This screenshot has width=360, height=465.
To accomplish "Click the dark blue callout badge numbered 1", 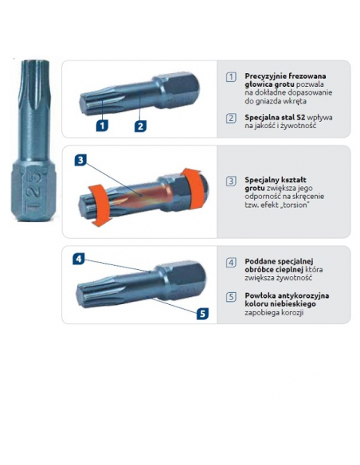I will pyautogui.click(x=102, y=125).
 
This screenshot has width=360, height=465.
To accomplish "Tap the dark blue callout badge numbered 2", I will pyautogui.click(x=139, y=125).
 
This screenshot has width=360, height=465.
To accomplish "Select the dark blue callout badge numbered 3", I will pyautogui.click(x=81, y=160).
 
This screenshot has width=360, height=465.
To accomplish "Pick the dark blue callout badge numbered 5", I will pyautogui.click(x=202, y=313).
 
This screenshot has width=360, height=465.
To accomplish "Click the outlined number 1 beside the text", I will pyautogui.click(x=231, y=76).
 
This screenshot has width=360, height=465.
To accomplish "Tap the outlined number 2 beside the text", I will pyautogui.click(x=231, y=118).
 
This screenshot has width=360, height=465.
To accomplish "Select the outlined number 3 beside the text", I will pyautogui.click(x=231, y=181).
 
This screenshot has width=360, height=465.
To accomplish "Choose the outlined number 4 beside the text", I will pyautogui.click(x=231, y=262).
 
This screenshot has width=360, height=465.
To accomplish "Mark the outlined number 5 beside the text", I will pyautogui.click(x=231, y=296).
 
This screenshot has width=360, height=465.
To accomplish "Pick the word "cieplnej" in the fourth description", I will pyautogui.click(x=282, y=270).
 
